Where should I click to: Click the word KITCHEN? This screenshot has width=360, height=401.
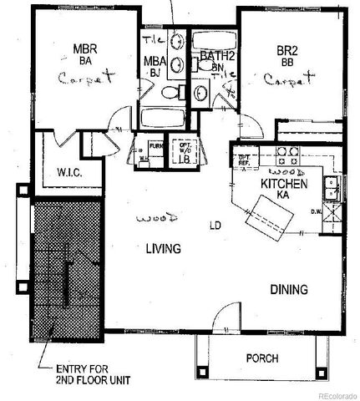(x=285, y=184)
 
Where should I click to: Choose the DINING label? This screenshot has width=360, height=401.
(x=288, y=290)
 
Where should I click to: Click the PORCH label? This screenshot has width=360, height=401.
(x=261, y=358)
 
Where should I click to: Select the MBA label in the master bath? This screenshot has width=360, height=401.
(x=154, y=60)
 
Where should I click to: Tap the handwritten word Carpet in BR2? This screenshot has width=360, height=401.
(x=290, y=81)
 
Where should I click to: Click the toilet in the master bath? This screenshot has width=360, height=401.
(x=170, y=94)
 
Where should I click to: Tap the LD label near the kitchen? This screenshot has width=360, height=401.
(x=215, y=226)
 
